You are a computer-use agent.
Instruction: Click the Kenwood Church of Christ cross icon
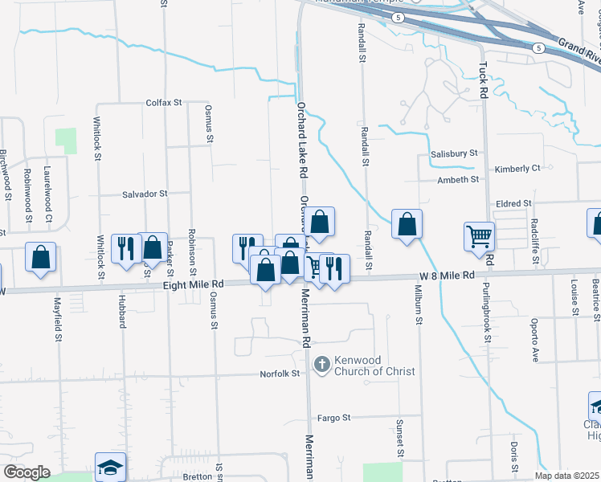tap(321, 366)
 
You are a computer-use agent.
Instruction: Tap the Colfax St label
tap(165, 103)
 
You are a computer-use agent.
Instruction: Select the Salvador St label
tap(145, 194)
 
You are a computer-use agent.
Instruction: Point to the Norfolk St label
tap(280, 374)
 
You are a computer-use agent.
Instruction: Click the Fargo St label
tap(335, 418)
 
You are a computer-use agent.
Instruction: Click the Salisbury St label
tap(454, 153)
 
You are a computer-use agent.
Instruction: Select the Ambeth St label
tap(458, 180)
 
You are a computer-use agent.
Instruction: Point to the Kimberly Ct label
tap(517, 169)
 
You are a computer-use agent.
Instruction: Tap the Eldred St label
tap(514, 204)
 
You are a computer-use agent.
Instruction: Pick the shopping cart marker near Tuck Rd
tap(479, 237)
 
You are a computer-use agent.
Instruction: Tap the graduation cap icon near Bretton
tap(110, 467)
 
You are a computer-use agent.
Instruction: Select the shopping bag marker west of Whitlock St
tap(41, 256)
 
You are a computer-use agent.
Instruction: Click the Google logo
tap(27, 472)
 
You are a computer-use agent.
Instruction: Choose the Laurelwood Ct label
tap(48, 194)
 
